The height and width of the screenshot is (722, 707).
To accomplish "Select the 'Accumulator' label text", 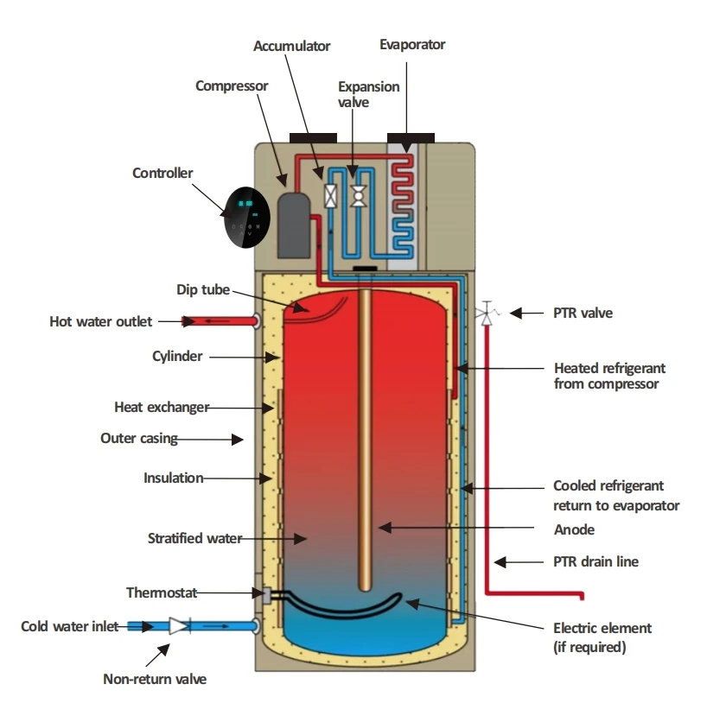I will click(291, 46).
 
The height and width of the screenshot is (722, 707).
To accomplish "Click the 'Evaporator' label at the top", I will click(412, 44).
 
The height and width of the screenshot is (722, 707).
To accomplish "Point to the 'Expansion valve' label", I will click(368, 94).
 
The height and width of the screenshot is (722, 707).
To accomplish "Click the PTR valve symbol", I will click(487, 313).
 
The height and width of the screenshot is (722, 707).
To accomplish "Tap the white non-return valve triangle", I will click(179, 626).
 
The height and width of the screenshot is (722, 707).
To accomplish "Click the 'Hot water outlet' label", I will click(101, 322).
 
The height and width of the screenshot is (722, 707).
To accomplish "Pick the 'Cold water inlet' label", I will click(71, 626).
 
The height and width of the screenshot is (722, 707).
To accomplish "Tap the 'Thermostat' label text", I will click(162, 592).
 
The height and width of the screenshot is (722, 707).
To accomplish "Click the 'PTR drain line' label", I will click(596, 561).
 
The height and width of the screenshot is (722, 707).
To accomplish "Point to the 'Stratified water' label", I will click(194, 539).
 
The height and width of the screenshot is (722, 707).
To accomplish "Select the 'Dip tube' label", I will click(203, 290).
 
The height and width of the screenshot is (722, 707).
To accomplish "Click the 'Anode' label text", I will click(574, 529).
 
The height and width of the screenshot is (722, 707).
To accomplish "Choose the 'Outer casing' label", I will click(139, 439).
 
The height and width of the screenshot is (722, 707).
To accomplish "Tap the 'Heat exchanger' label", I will click(162, 407).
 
